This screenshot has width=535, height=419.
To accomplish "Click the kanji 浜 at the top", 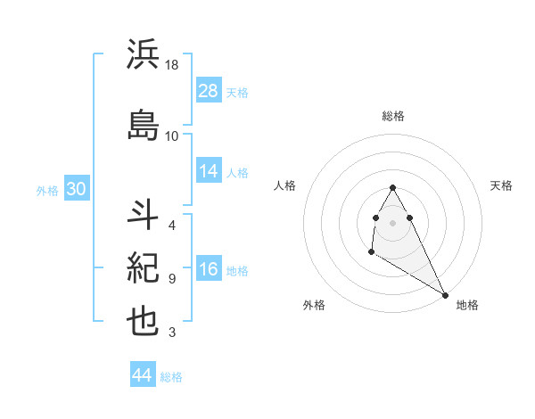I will coord(144,55).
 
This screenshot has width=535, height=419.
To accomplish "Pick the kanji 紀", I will coord(144,267).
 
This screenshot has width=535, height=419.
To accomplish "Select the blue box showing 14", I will coord(209,171).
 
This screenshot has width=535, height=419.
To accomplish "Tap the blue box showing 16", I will coord(209,270).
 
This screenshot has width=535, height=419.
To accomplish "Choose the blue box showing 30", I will coord(76,189).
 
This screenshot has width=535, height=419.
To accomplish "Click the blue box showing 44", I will coord(143,375).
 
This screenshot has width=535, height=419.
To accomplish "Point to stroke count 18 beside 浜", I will coord(172,65).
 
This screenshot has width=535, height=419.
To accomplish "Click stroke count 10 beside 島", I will coord(172,136).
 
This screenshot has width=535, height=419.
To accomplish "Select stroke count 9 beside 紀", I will coord(171,278).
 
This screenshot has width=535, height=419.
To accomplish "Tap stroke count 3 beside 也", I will coord(171,333).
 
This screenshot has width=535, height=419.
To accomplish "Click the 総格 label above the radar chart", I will coord(393,116).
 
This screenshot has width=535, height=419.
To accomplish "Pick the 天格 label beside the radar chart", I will coord(502,185).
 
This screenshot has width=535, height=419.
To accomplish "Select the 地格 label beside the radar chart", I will coord(467,305).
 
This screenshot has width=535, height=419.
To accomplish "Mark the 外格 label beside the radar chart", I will coord(314,305).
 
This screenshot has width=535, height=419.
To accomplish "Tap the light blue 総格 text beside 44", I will coord(171,377).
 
